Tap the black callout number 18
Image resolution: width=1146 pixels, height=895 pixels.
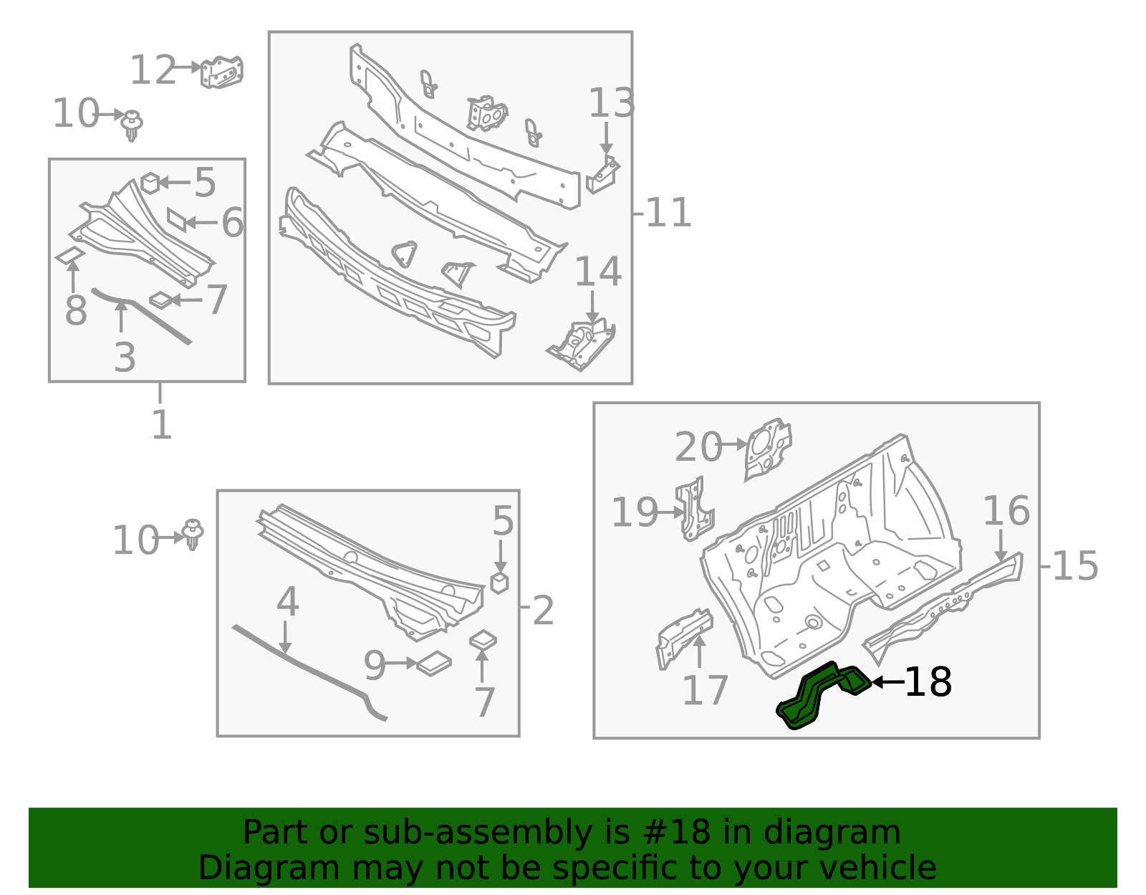(928, 682)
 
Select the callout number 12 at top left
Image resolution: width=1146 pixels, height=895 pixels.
(153, 70)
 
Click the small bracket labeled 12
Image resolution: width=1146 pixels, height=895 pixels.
(222, 72)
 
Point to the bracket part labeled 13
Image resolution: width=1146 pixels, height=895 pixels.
(603, 176)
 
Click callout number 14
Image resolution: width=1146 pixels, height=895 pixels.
(598, 272)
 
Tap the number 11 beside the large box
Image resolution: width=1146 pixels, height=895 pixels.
(668, 213)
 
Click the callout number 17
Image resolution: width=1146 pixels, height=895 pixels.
(705, 690)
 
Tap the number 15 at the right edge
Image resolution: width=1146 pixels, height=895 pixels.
(1075, 566)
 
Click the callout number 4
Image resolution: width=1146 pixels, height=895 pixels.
(287, 602)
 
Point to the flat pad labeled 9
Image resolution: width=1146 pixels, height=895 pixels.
(434, 664)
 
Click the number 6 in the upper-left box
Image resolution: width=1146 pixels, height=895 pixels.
(232, 223)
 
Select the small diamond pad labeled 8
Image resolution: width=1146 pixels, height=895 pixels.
(69, 256)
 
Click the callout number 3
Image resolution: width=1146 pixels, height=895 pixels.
(125, 357)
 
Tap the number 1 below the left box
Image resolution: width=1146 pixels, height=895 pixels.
(161, 425)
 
